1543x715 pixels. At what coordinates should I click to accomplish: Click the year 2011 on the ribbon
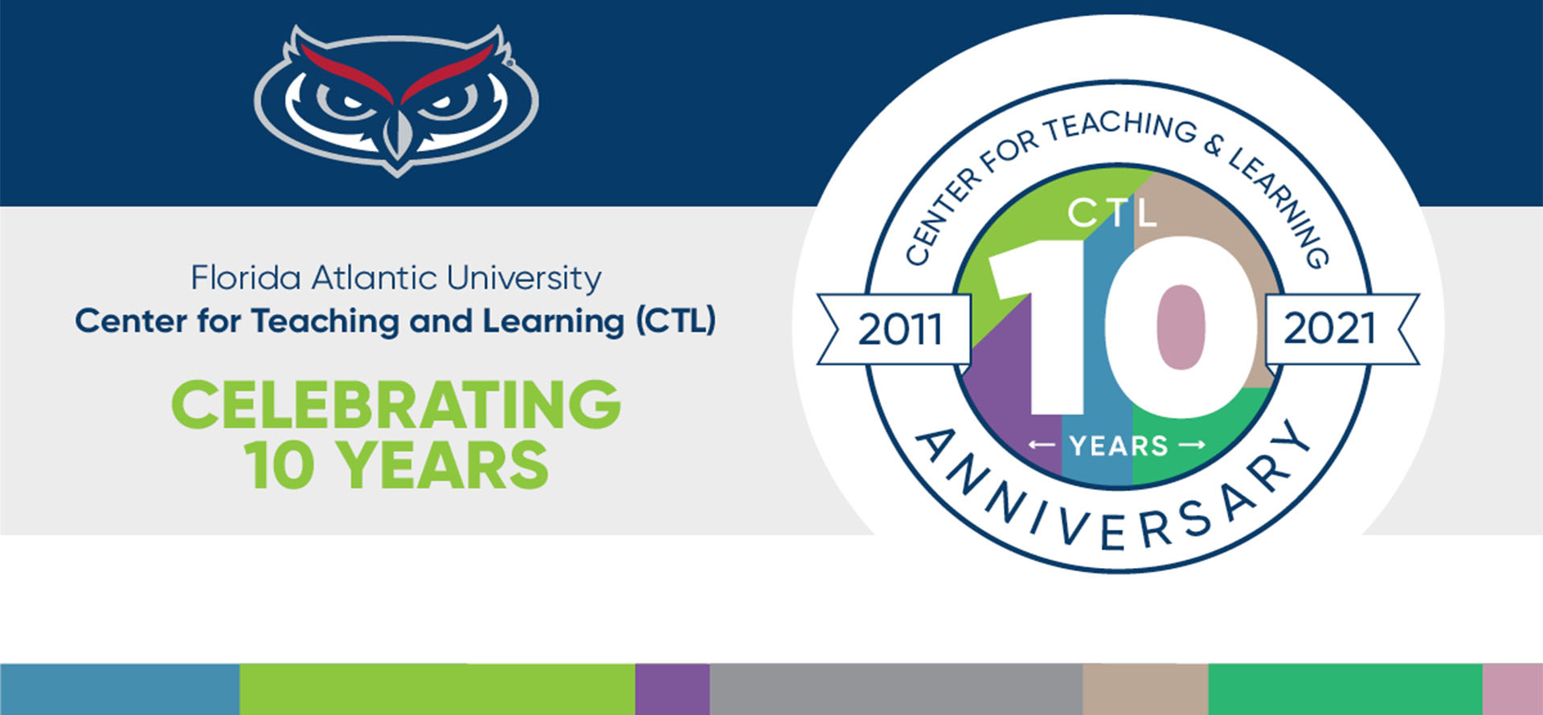[x=900, y=329]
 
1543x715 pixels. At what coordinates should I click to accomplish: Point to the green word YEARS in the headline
[x=442, y=465]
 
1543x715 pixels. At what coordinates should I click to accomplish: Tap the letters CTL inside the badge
[x=1112, y=213]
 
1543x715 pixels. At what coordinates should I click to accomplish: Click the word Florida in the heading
[x=246, y=278]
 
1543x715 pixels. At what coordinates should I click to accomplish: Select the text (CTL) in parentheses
[x=675, y=321]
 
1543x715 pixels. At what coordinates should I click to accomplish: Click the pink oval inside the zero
[x=1181, y=327]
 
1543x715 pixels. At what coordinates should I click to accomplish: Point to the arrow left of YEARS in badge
[x=1042, y=444]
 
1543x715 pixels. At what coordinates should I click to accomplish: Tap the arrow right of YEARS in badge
[x=1192, y=444]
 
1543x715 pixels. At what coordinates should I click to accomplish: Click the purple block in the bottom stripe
[x=672, y=689]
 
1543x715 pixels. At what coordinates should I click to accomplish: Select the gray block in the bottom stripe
[x=896, y=689]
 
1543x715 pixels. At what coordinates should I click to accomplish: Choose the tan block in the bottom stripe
[x=1145, y=689]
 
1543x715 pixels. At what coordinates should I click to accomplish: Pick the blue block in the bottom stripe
[x=120, y=689]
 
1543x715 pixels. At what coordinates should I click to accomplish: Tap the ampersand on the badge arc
[x=1214, y=145]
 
